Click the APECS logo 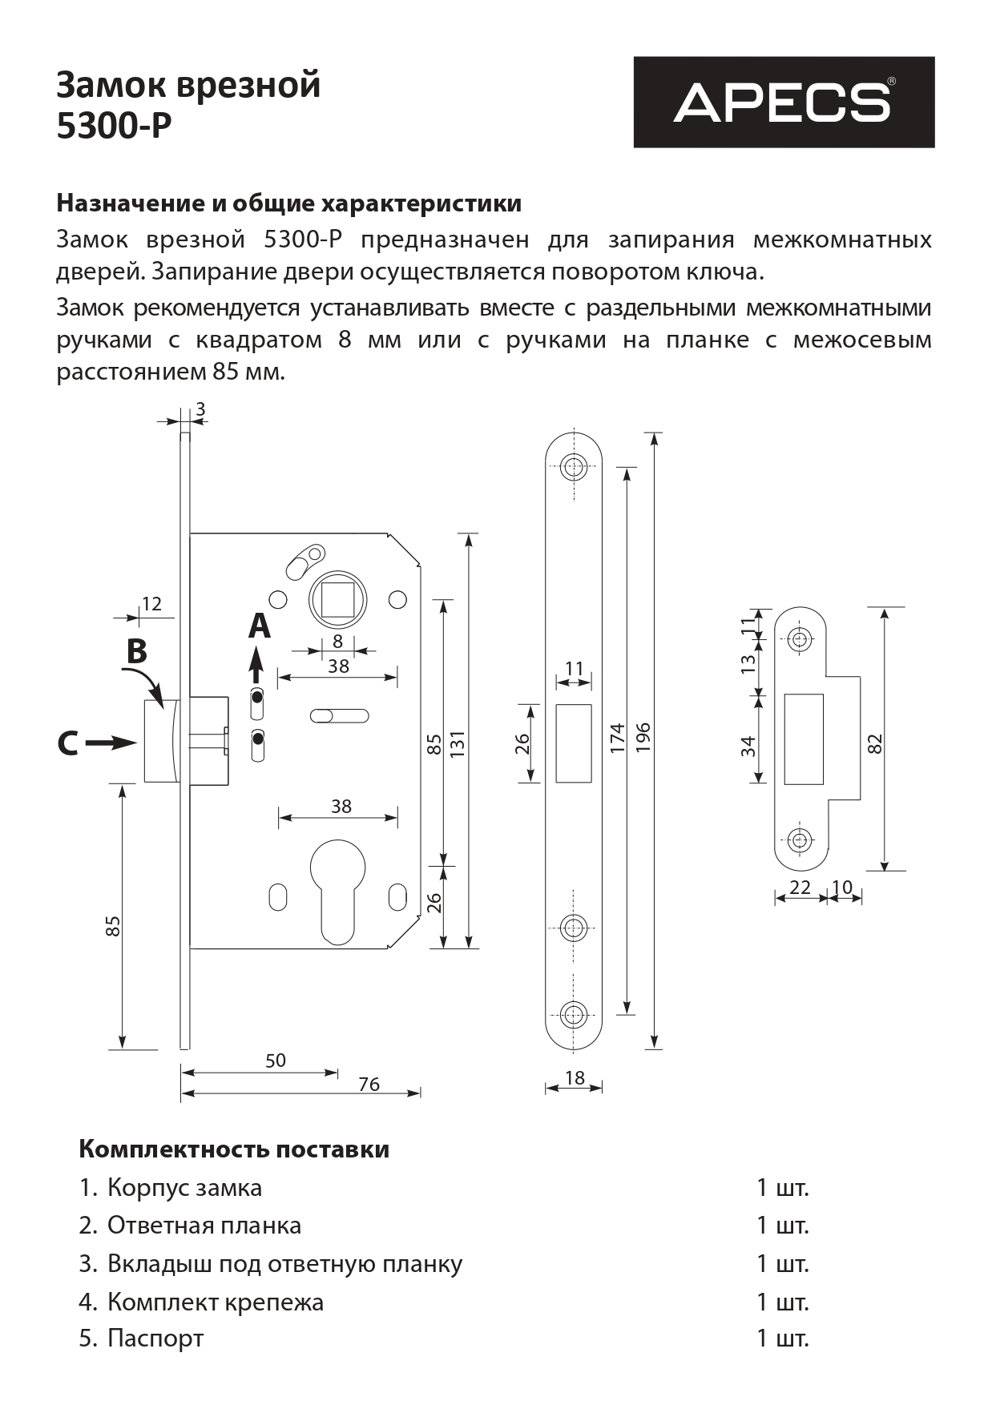click(x=784, y=102)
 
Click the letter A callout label click(x=259, y=626)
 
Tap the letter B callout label click(x=137, y=652)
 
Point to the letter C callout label click(x=68, y=744)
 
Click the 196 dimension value click(x=643, y=738)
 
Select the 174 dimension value click(x=616, y=738)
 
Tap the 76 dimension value click(x=369, y=1085)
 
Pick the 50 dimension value click(x=275, y=1061)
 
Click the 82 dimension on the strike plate click(x=875, y=743)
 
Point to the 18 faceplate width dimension click(x=575, y=1078)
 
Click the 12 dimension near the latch click(x=151, y=604)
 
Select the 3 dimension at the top click(x=200, y=410)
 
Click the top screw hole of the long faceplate click(x=573, y=467)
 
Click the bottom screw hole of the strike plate click(x=798, y=840)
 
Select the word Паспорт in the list click(x=155, y=1339)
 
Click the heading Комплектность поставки click(x=234, y=1149)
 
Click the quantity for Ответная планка click(x=782, y=1226)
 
